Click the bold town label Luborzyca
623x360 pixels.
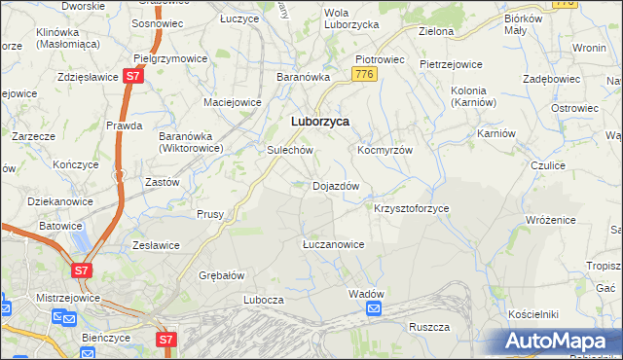[x=320, y=122]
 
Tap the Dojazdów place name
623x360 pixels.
[x=336, y=185]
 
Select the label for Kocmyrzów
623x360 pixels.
[x=386, y=151]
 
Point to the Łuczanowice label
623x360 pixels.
[x=333, y=244]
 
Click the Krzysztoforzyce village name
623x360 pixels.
[x=412, y=208]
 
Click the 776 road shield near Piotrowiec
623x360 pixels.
[x=365, y=74]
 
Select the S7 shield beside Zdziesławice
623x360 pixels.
[x=133, y=76]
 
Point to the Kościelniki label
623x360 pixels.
[x=532, y=315]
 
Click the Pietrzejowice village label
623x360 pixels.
[x=451, y=64]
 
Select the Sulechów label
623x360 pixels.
[x=290, y=151]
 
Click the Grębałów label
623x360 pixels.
[x=221, y=274]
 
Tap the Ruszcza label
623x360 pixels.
[x=428, y=327]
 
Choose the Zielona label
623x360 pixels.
[x=436, y=31]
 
